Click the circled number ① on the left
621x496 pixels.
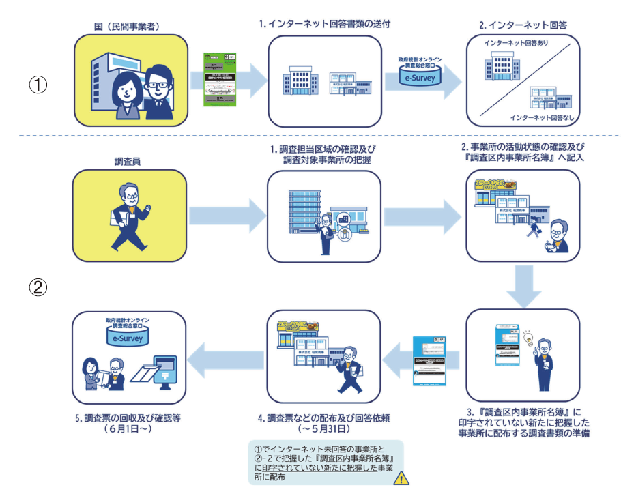(39, 85)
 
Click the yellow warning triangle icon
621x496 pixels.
(403, 477)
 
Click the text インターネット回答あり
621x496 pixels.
(517, 43)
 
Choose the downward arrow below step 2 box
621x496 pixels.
(523, 286)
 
